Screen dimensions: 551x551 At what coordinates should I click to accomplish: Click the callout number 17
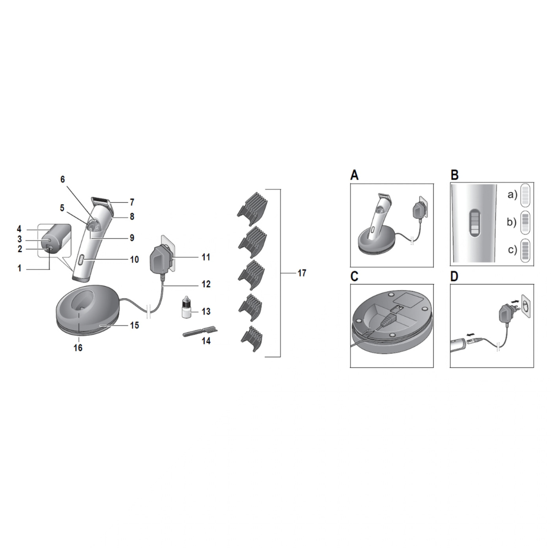coord(302,273)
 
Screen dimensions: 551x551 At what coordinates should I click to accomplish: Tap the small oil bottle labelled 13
coord(187,307)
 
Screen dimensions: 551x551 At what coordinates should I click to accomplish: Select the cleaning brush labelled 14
coord(200,332)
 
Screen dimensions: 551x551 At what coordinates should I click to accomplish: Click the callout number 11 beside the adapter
coord(206,257)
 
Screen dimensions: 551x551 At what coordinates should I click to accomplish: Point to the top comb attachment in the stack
coord(253,209)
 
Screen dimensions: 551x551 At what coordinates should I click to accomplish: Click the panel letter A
coord(354,175)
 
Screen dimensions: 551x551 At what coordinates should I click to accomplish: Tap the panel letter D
coord(454,277)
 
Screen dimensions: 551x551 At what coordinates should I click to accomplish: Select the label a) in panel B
coord(513,194)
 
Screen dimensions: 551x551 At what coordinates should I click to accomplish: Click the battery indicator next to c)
coord(525,250)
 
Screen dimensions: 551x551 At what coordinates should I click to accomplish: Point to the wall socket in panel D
coord(526,305)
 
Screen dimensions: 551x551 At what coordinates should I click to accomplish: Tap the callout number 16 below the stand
coord(78,348)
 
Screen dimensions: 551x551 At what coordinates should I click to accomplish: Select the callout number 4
coord(19,229)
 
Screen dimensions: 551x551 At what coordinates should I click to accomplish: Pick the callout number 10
coord(134,260)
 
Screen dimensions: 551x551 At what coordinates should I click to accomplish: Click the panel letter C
coord(354,277)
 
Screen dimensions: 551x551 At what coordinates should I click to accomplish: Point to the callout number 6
coord(63,179)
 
